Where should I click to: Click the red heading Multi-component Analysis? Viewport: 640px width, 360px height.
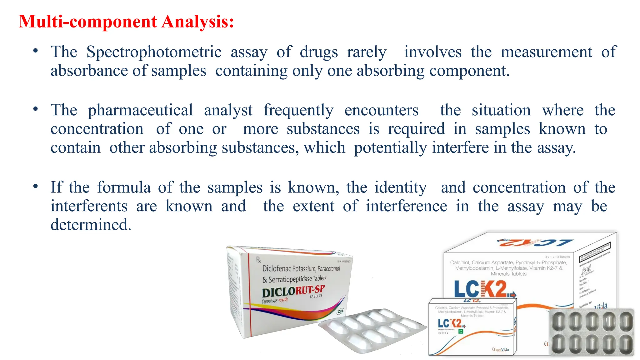(x=126, y=22)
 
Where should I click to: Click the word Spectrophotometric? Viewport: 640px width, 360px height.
(x=154, y=52)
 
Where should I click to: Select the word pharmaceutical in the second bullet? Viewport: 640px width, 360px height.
(x=140, y=110)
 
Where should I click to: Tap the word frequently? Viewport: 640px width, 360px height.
(x=298, y=110)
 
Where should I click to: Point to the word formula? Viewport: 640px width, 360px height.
(x=124, y=187)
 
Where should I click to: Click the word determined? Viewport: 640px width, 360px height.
(x=91, y=225)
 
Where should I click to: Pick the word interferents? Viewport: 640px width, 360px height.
(x=89, y=206)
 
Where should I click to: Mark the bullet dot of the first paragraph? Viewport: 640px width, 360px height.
(x=36, y=51)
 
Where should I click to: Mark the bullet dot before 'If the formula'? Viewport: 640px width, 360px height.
(x=36, y=186)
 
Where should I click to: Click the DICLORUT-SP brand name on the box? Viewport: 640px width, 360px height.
(x=293, y=291)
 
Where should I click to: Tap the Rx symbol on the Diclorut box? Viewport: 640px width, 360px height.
(x=258, y=259)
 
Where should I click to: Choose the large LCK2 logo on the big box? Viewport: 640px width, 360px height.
(x=481, y=289)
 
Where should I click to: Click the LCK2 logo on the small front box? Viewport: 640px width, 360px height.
(x=450, y=323)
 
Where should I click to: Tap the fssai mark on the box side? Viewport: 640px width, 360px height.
(x=587, y=269)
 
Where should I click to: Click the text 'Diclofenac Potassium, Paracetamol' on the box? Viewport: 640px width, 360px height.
(x=301, y=268)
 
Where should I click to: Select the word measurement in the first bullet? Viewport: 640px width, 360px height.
(x=546, y=52)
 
